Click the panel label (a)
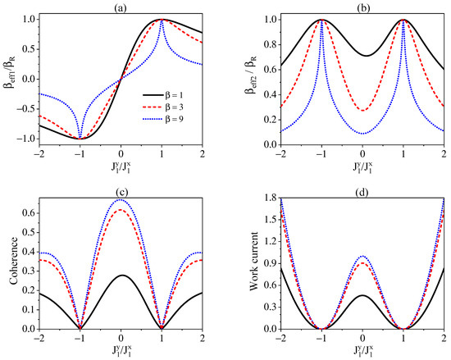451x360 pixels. [x=121, y=6]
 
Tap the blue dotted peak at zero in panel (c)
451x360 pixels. [x=121, y=199]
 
